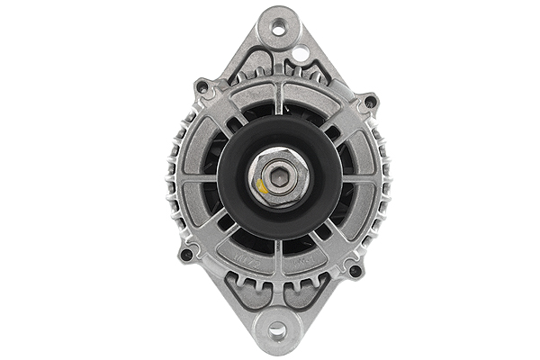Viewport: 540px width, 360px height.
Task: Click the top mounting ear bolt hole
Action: (276, 27)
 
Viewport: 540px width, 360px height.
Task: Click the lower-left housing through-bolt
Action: (186, 254)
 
